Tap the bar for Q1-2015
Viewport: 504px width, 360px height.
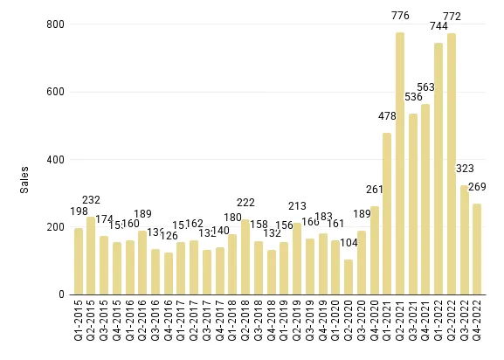79,261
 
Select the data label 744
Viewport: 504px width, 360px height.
438,25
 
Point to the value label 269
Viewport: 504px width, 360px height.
477,186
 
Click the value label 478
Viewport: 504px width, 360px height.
387,115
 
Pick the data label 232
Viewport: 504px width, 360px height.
91,199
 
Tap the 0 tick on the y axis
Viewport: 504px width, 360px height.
59,295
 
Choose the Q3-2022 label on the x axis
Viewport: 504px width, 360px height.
464,322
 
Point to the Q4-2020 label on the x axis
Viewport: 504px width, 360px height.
374,322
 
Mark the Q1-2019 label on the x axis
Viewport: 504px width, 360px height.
284,322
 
